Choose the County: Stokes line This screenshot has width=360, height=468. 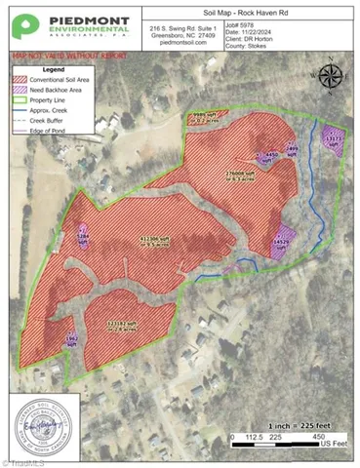[252, 43]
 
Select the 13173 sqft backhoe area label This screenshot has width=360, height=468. [334, 140]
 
